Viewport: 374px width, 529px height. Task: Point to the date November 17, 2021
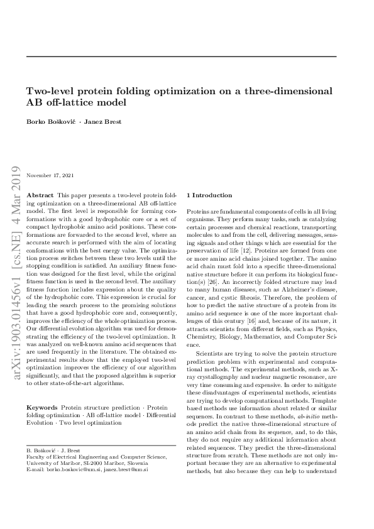50,175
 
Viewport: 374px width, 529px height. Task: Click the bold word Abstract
40,196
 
